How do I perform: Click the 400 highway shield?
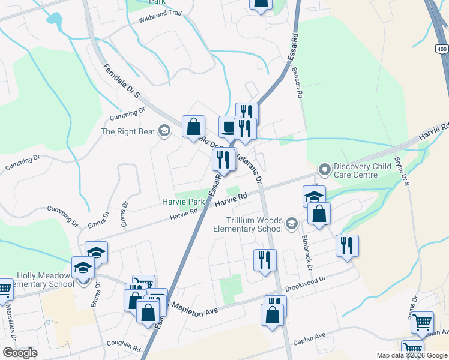[442, 49]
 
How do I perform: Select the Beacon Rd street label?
[297, 83]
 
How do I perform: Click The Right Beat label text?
[128, 131]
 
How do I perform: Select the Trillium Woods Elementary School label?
[248, 224]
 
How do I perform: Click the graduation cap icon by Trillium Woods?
[292, 224]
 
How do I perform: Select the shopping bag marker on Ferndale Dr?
[194, 127]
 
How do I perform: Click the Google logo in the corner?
[20, 353]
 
